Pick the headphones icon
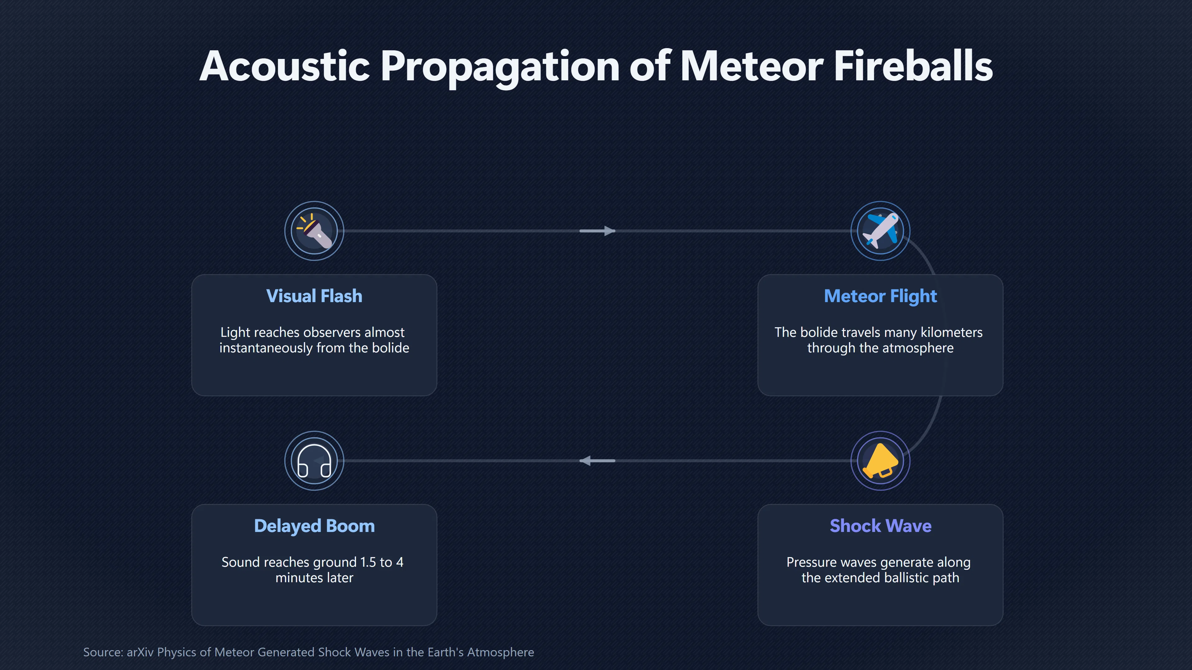314,461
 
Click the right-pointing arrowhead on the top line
609,231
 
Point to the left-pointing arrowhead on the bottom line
585,461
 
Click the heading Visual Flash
314,296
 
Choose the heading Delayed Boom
314,526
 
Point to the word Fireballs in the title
914,66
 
